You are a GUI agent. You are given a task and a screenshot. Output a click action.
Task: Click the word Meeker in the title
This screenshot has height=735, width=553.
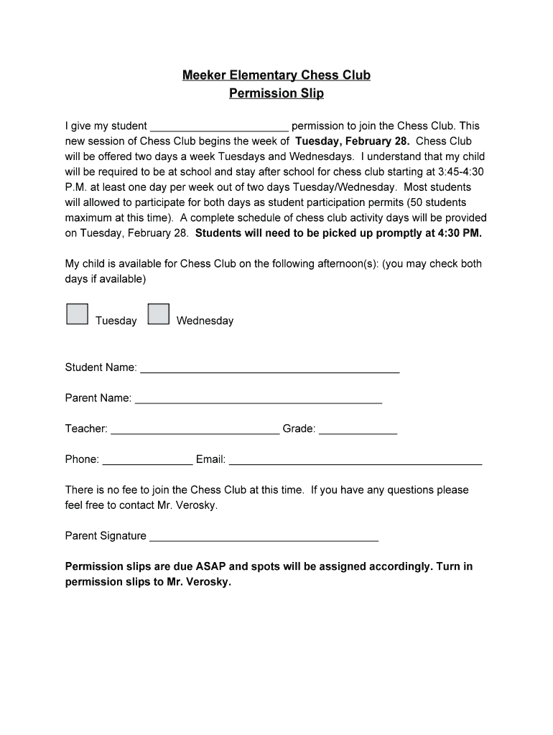[x=203, y=75]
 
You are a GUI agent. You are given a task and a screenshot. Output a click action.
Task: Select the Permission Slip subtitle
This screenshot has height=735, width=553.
[x=276, y=93]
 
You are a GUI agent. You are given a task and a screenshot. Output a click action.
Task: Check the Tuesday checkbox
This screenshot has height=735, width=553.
[x=77, y=314]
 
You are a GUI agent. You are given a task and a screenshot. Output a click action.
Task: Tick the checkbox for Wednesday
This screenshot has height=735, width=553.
[x=158, y=314]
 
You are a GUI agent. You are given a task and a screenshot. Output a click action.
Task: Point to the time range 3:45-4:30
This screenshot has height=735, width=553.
[x=460, y=172]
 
